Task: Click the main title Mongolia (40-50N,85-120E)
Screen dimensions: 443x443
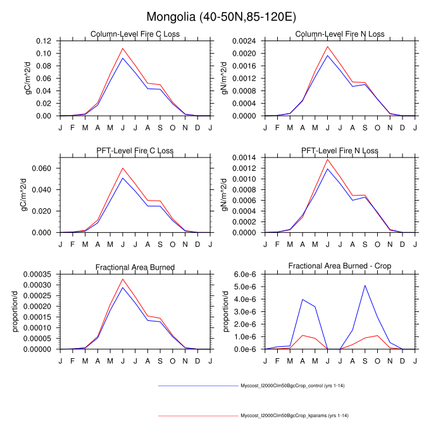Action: [221, 16]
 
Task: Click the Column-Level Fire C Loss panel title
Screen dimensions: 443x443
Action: [135, 34]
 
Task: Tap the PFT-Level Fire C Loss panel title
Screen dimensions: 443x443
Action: [135, 151]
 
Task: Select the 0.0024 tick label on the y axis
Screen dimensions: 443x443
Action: [244, 41]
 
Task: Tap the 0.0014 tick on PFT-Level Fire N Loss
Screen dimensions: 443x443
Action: [244, 158]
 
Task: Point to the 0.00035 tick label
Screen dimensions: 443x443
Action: [38, 275]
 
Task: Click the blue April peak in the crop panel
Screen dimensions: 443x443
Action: [303, 299]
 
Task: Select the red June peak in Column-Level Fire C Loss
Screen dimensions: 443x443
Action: [123, 48]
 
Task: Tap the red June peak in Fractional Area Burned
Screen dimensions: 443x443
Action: [123, 279]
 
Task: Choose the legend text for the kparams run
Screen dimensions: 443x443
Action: [295, 416]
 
